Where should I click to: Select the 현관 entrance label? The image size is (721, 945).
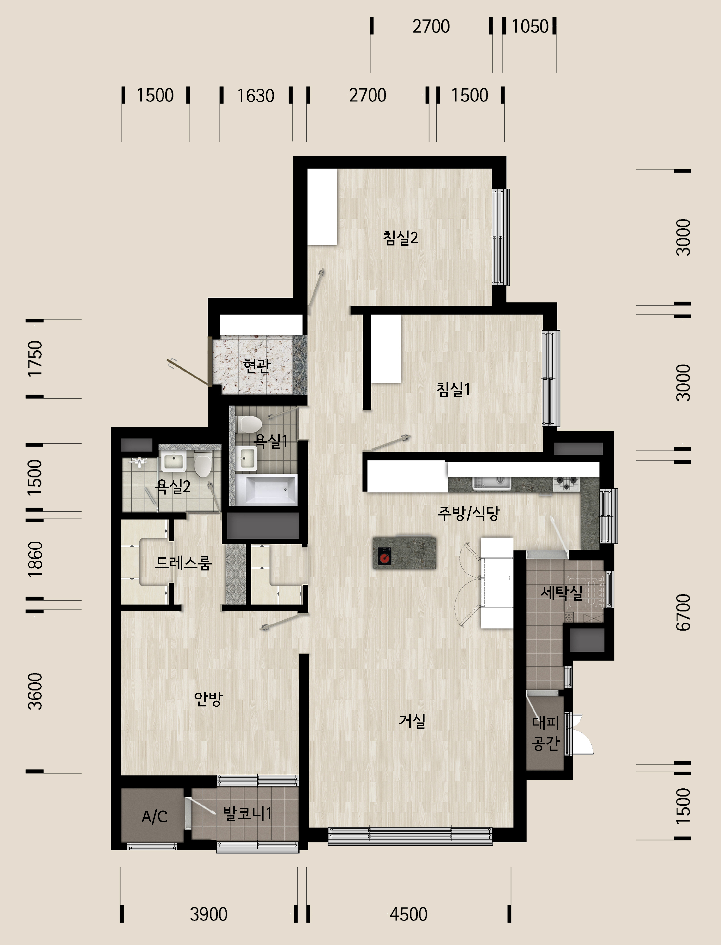click(257, 365)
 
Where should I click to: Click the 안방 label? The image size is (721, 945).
click(208, 699)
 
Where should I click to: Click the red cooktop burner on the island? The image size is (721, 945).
click(384, 557)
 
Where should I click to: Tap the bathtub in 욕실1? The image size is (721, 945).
click(266, 489)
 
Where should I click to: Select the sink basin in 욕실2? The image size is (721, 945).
click(173, 461)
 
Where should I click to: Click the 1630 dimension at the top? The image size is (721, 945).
click(256, 96)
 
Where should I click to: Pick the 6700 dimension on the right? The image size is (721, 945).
click(683, 612)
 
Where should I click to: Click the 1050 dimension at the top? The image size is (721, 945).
click(530, 27)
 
